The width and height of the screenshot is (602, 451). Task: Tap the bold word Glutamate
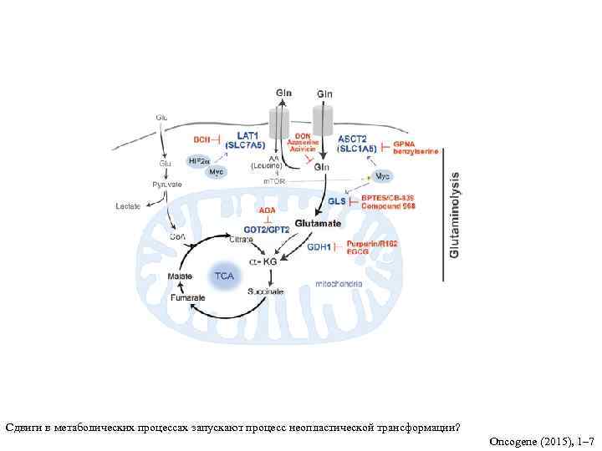click(319, 224)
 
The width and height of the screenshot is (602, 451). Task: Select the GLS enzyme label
click(336, 201)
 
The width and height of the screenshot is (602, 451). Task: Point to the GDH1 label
click(319, 247)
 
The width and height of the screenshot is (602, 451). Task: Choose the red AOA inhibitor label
click(267, 210)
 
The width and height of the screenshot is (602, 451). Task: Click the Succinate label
click(265, 291)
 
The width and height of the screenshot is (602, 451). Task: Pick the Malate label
click(180, 276)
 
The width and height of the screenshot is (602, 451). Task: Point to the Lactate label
click(128, 205)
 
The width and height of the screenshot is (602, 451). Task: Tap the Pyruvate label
click(166, 184)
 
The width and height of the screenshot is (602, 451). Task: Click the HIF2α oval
click(199, 160)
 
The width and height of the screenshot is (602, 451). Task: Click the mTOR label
click(275, 181)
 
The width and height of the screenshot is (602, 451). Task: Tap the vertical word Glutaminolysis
click(455, 215)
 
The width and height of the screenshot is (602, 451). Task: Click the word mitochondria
click(339, 284)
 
